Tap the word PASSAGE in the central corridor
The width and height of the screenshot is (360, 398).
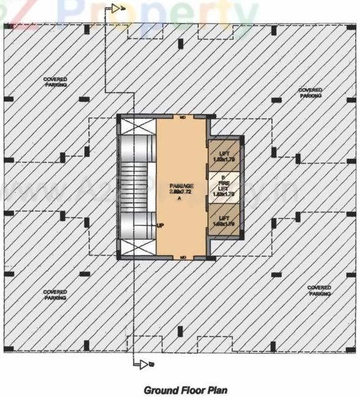pyautogui.click(x=182, y=186)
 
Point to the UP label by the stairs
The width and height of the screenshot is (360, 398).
pyautogui.click(x=161, y=225)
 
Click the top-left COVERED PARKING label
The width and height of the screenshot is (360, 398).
pyautogui.click(x=55, y=82)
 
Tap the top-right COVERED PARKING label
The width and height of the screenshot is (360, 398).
pyautogui.click(x=310, y=93)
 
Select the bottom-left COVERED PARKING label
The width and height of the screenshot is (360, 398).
pyautogui.click(x=55, y=295)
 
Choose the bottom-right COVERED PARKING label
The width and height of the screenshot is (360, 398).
pyautogui.click(x=319, y=290)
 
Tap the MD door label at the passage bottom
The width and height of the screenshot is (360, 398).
pyautogui.click(x=182, y=257)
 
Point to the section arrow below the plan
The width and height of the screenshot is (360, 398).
pyautogui.click(x=146, y=365)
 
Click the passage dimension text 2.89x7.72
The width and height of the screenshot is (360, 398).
pyautogui.click(x=182, y=192)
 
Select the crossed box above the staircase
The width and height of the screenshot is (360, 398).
pyautogui.click(x=135, y=127)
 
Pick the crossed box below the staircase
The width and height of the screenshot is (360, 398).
pyautogui.click(x=135, y=247)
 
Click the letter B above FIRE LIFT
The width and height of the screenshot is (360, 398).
pyautogui.click(x=223, y=176)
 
